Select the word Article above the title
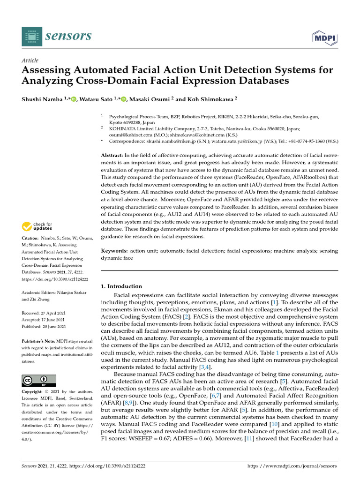point(30,60)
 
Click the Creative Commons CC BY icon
point(39,380)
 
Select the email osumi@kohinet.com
point(127,134)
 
